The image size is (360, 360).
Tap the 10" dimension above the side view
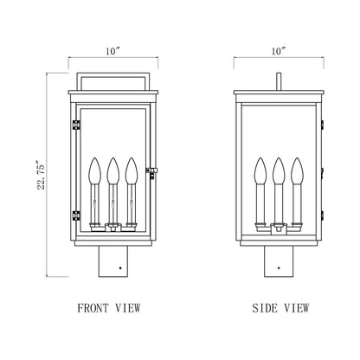(x=277, y=53)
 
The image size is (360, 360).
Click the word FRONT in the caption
(x=94, y=306)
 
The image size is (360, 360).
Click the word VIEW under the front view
(x=127, y=306)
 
